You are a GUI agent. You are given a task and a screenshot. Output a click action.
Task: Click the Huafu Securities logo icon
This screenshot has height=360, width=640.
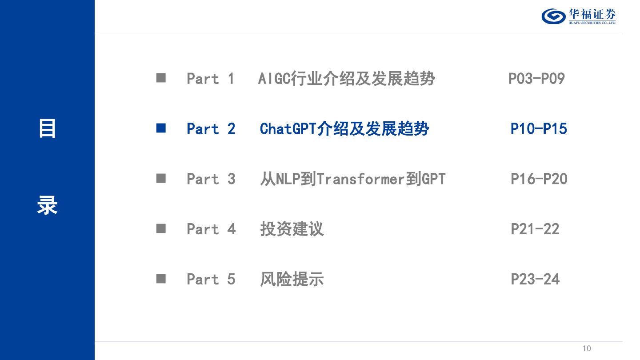pyautogui.click(x=553, y=16)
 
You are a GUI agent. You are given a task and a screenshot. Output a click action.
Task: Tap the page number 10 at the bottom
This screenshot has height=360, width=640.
pyautogui.click(x=587, y=348)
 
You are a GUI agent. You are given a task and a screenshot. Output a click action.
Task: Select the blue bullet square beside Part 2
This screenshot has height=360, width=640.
pyautogui.click(x=161, y=128)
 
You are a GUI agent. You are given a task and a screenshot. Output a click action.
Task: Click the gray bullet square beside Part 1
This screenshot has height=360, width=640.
pyautogui.click(x=161, y=78)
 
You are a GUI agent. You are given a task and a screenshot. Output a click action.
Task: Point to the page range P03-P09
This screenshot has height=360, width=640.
pyautogui.click(x=536, y=79)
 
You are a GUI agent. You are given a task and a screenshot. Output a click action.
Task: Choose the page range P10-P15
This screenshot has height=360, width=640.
pyautogui.click(x=539, y=129)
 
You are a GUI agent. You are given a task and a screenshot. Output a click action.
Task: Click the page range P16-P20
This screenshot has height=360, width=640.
pyautogui.click(x=539, y=179)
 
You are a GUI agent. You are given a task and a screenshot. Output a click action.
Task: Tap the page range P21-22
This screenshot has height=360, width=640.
pyautogui.click(x=535, y=229)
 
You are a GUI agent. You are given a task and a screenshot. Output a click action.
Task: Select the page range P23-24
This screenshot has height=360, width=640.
pyautogui.click(x=535, y=280)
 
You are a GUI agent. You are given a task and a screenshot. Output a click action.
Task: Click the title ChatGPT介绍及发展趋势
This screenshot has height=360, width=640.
pyautogui.click(x=344, y=129)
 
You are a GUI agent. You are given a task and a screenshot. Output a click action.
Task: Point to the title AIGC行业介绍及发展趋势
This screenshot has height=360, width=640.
pyautogui.click(x=346, y=79)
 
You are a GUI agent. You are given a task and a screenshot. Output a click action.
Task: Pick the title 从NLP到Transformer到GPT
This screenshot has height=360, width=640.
pyautogui.click(x=352, y=179)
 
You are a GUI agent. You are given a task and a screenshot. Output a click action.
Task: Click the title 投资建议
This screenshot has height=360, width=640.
pyautogui.click(x=292, y=229)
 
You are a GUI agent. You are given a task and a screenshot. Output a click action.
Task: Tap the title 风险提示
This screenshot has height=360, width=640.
pyautogui.click(x=292, y=280)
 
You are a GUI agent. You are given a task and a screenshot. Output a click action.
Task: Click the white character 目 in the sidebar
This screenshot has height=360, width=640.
pyautogui.click(x=47, y=128)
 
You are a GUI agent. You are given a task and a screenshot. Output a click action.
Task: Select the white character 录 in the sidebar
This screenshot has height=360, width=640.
pyautogui.click(x=47, y=206)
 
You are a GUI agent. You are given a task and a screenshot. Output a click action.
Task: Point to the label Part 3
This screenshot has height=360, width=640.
pyautogui.click(x=211, y=179)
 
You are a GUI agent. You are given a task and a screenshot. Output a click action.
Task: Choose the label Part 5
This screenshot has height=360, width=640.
pyautogui.click(x=211, y=280)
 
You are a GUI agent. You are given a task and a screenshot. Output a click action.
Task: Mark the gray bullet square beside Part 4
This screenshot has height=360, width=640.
pyautogui.click(x=161, y=229)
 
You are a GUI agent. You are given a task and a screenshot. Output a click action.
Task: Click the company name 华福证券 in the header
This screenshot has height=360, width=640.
pyautogui.click(x=592, y=14)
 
